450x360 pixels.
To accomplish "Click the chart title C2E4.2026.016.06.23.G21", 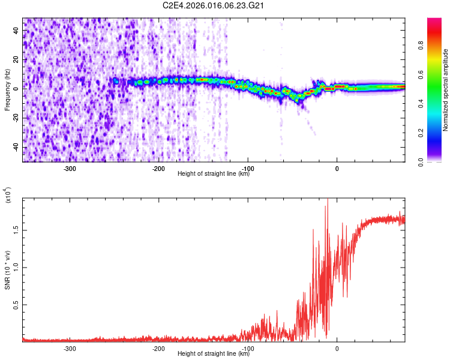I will pyautogui.click(x=214, y=5).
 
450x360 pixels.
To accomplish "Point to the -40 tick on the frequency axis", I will pyautogui.click(x=15, y=148).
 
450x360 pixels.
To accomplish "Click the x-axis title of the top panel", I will pyautogui.click(x=214, y=174).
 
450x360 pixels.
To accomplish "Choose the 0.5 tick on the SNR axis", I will pyautogui.click(x=16, y=305).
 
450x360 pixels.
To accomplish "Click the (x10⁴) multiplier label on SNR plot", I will pyautogui.click(x=8, y=196).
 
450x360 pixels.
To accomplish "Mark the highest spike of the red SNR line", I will pyautogui.click(x=328, y=200).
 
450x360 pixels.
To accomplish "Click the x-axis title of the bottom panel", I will pyautogui.click(x=214, y=354).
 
